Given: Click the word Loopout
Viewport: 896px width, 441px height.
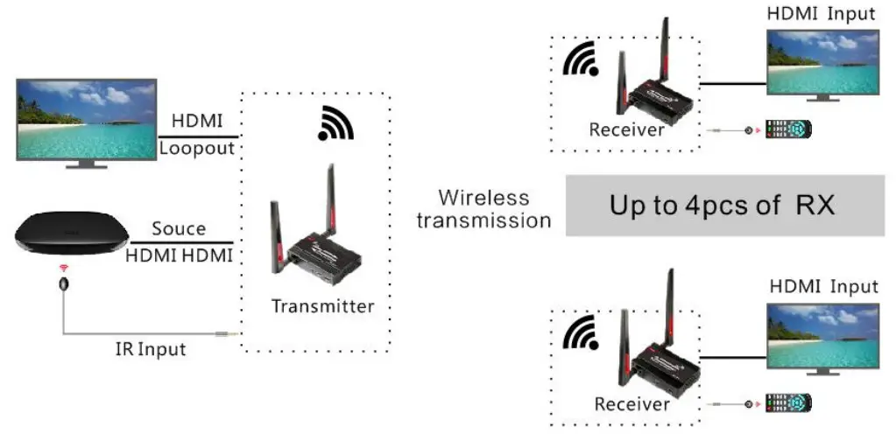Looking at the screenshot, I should (197, 148).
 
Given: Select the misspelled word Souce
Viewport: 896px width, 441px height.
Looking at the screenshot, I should (179, 228).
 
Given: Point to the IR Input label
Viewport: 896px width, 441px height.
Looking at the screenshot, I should (151, 349).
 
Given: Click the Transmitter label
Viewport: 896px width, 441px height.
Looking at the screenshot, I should (322, 306).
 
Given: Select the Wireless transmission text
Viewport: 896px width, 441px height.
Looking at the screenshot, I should (483, 208).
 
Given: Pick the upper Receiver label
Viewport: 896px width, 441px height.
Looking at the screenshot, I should (627, 130).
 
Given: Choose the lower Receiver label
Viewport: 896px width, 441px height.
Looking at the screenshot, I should (632, 404).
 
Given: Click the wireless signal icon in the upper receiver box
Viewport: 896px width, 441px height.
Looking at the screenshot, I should (580, 60).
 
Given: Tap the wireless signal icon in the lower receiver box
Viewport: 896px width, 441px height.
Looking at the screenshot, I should (581, 334).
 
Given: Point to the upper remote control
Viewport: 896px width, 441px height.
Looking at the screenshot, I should (788, 129).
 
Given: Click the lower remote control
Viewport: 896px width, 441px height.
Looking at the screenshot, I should (788, 403).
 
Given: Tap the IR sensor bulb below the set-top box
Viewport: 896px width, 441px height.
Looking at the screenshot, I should (63, 283).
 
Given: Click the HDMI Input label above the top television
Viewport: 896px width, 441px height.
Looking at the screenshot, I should (821, 13).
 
